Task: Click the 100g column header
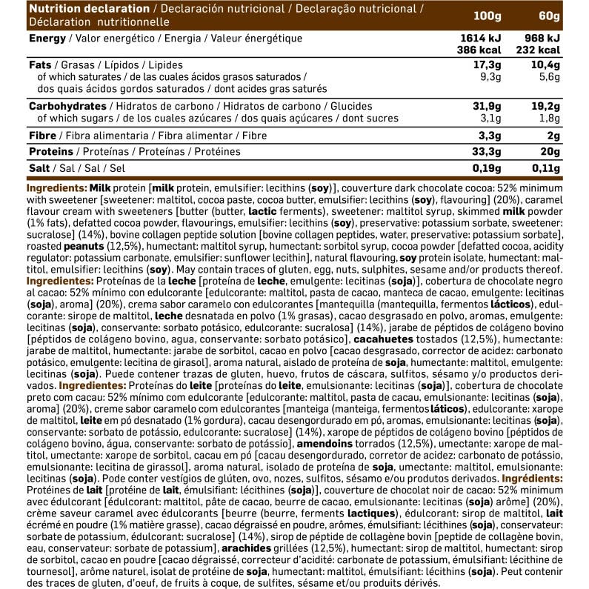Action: click(x=486, y=16)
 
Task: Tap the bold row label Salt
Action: click(x=39, y=167)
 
